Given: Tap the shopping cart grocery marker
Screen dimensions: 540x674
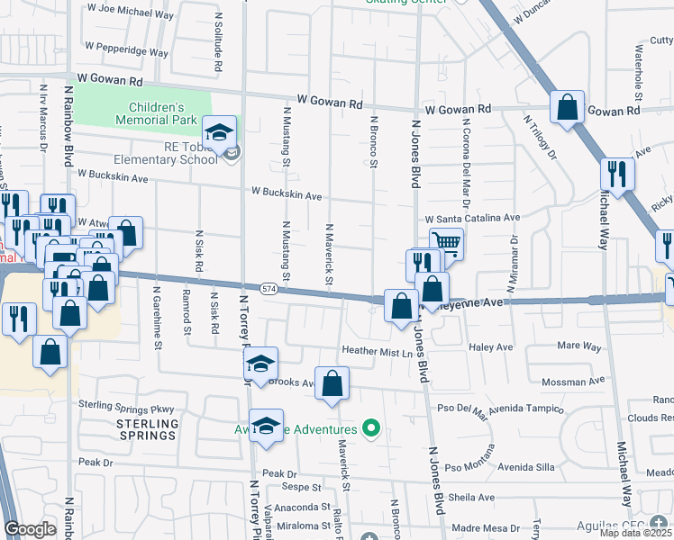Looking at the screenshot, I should [446, 243].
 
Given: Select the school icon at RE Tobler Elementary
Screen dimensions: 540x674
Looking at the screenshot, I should [219, 133].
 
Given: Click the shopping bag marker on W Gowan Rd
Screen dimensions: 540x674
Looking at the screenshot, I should [568, 107].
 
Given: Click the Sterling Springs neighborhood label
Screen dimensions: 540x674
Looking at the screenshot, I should [146, 429].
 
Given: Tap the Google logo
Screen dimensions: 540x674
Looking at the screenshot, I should [30, 529].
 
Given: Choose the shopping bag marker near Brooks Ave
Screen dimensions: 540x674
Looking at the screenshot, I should [332, 382].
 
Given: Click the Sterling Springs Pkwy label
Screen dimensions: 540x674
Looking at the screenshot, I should [125, 406].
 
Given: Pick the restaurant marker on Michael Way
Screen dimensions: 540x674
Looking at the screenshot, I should [616, 174].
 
